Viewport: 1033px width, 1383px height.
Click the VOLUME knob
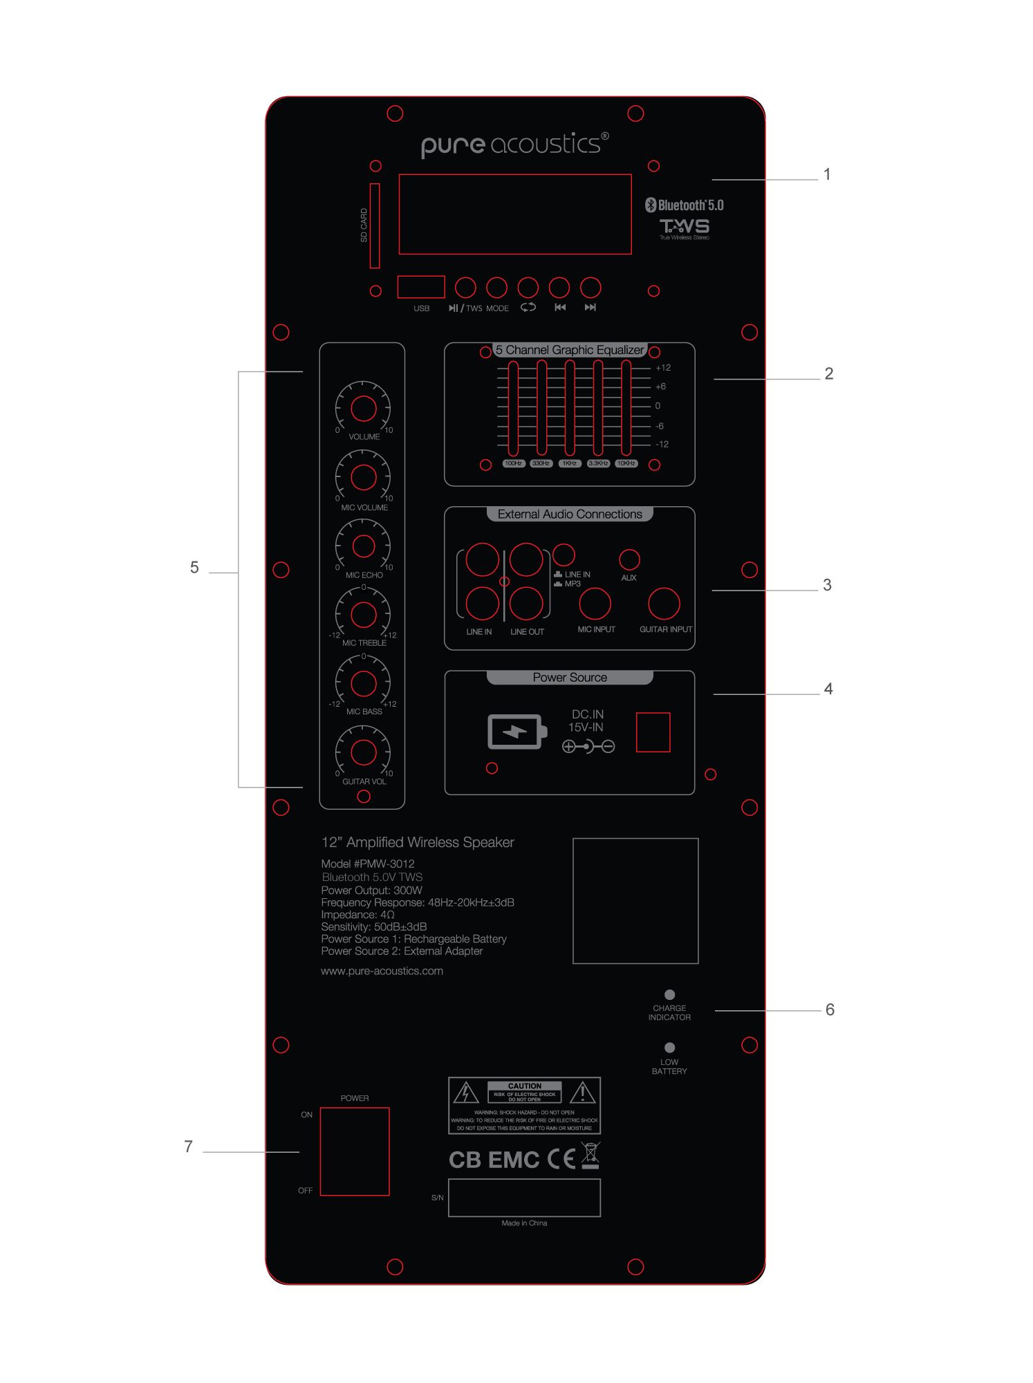pyautogui.click(x=363, y=409)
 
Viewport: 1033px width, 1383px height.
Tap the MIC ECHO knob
pyautogui.click(x=363, y=546)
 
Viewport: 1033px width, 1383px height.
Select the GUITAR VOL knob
pyautogui.click(x=363, y=752)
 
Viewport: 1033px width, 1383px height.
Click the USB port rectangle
pyautogui.click(x=420, y=287)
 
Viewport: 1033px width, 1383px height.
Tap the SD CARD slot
pyautogui.click(x=375, y=225)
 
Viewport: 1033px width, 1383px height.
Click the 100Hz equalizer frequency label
pyautogui.click(x=513, y=463)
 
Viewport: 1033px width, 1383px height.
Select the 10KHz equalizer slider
pyautogui.click(x=626, y=408)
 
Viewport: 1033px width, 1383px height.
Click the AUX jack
pyautogui.click(x=629, y=559)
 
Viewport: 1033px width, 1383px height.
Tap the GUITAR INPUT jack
pyautogui.click(x=664, y=604)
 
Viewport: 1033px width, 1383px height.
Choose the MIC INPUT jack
pyautogui.click(x=595, y=604)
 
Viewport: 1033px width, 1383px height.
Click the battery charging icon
pyautogui.click(x=516, y=732)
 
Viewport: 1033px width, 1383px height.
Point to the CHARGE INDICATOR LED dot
pyautogui.click(x=669, y=995)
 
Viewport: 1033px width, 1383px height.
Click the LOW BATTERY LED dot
pyautogui.click(x=669, y=1048)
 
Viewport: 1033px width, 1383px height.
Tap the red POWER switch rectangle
pyautogui.click(x=355, y=1151)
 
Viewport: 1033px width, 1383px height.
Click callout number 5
pyautogui.click(x=194, y=568)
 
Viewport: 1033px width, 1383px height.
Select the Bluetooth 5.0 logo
pyautogui.click(x=685, y=205)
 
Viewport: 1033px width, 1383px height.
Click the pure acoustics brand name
pyautogui.click(x=515, y=144)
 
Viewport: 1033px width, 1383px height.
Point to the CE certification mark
pyautogui.click(x=561, y=1159)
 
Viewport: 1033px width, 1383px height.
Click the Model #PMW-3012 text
pyautogui.click(x=368, y=864)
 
